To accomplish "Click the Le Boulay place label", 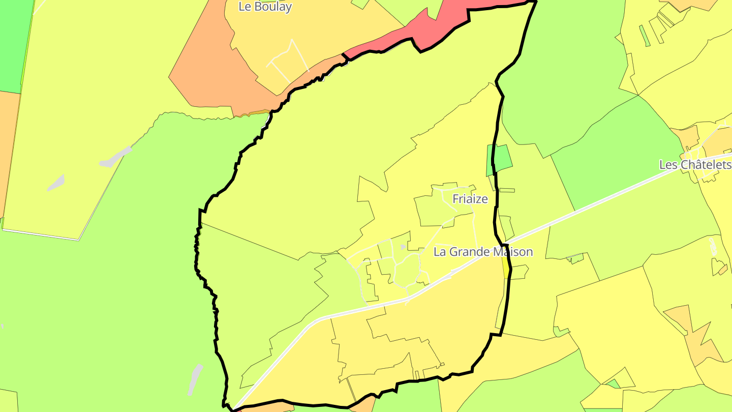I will point(265,7).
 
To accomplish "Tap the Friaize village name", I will point(470,199).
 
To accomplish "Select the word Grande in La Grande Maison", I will point(473,252).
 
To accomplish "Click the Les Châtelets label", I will point(694,165).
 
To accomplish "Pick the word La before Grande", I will point(440,252).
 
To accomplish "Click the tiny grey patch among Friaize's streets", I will point(403,247).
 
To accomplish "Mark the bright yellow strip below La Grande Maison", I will point(505,267).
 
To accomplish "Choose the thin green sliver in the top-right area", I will point(644,36).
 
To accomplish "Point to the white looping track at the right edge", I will point(713,246).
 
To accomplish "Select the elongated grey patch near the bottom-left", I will point(195,379).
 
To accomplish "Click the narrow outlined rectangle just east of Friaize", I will point(507,191).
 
